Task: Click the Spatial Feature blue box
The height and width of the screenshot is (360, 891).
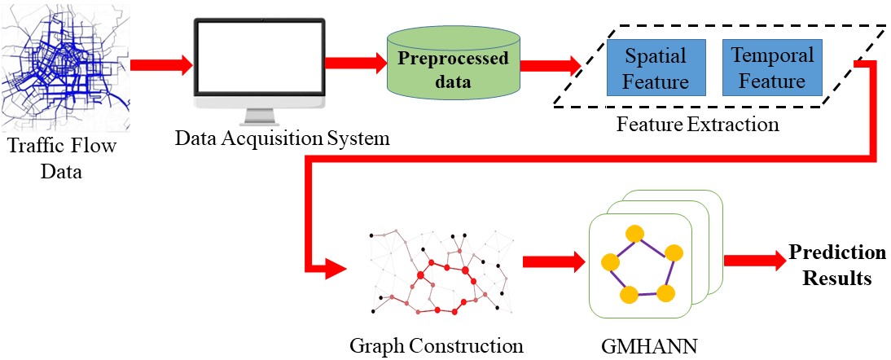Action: [656, 68]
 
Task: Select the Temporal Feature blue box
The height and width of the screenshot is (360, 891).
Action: [772, 68]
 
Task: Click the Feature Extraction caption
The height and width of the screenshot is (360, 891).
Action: [697, 125]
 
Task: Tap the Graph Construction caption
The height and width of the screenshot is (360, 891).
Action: [436, 345]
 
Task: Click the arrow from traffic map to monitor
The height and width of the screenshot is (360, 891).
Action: [160, 63]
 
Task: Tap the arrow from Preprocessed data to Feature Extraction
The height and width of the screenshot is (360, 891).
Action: [551, 63]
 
